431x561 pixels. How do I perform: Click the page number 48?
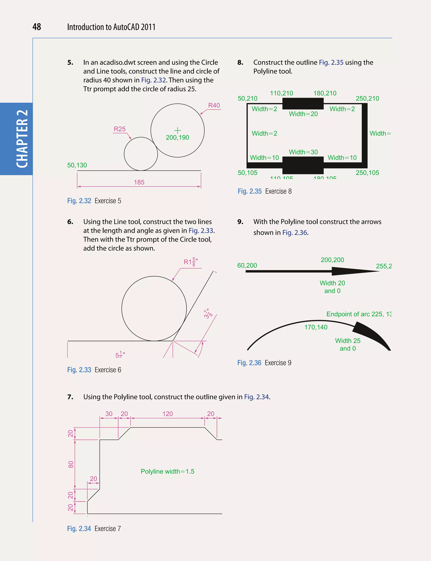[x=37, y=27]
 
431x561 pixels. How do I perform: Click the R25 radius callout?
[x=120, y=129]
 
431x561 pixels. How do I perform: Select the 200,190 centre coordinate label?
[x=177, y=137]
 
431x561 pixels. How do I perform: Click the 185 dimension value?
[x=139, y=182]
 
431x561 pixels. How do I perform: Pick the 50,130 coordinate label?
[x=77, y=165]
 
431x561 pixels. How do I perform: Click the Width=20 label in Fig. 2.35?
[x=303, y=114]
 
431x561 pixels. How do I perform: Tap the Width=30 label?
[x=303, y=152]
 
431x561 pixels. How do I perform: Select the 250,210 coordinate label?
[x=367, y=98]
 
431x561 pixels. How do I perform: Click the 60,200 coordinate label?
[x=247, y=265]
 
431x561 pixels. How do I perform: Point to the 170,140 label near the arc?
[x=316, y=327]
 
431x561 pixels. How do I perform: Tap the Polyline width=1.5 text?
[x=167, y=472]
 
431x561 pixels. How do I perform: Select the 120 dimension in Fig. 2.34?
[x=168, y=414]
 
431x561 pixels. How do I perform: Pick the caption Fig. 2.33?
[x=79, y=370]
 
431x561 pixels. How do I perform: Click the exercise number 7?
[x=70, y=397]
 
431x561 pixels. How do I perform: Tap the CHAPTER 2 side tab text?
[x=22, y=139]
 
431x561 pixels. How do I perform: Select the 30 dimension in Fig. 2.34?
[x=109, y=414]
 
